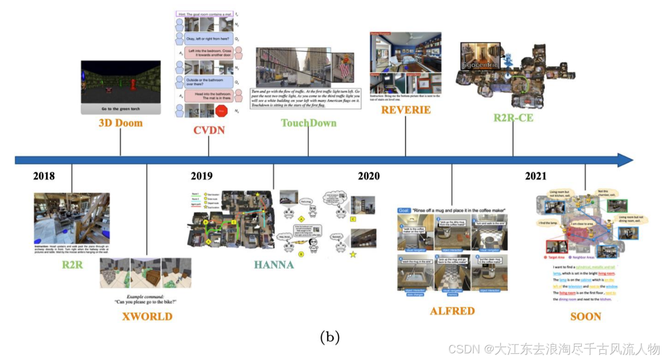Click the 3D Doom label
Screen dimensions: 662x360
click(121, 123)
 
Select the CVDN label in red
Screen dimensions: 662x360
click(209, 130)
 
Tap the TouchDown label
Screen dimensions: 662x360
click(308, 123)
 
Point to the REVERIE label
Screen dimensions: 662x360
click(406, 110)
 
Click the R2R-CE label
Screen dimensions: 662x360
click(513, 118)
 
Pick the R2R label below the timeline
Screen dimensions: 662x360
click(72, 265)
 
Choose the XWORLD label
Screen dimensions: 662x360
click(147, 317)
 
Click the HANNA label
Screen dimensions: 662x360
click(274, 265)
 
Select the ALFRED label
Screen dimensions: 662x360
click(452, 311)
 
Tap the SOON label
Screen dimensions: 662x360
click(586, 317)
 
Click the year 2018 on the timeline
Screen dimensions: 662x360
click(44, 176)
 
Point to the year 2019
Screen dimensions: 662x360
click(202, 176)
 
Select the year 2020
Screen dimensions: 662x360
click(368, 176)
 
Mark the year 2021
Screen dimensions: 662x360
click(536, 176)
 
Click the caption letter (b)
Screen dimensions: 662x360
click(329, 337)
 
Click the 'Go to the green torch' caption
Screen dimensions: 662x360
click(121, 109)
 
